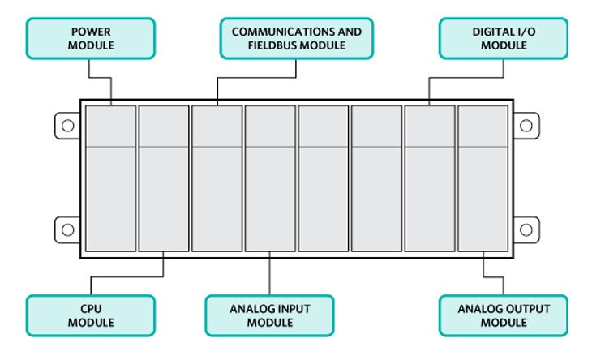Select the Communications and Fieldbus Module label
point(297,38)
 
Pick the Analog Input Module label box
point(269,315)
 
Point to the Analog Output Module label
point(504,315)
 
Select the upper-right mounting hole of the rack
point(525,126)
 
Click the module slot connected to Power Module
point(110,178)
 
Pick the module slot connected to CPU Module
point(164,178)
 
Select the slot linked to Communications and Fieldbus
point(217,178)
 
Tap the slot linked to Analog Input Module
point(270,178)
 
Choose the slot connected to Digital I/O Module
point(430,178)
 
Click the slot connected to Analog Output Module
point(483,178)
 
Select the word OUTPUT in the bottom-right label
point(529,308)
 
